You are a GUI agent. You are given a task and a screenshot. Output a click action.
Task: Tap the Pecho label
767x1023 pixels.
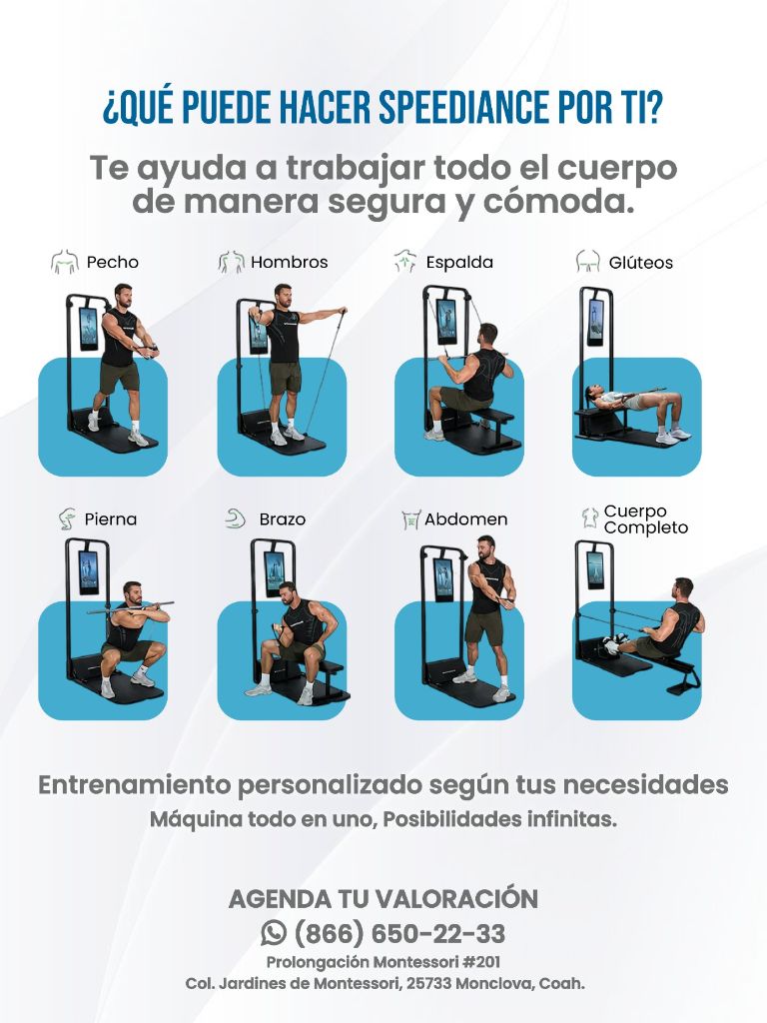112,263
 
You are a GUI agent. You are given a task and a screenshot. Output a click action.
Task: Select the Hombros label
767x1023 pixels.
289,263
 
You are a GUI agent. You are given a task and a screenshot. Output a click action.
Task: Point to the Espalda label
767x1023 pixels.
459,263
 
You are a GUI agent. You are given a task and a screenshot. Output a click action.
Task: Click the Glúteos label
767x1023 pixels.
641,264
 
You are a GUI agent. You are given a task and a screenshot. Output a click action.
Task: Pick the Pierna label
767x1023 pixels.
111,519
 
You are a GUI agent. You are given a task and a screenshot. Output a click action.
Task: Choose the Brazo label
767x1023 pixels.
283,519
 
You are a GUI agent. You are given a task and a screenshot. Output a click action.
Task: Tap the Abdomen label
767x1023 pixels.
465,519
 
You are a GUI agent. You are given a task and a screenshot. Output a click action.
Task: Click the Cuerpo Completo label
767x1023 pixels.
645,519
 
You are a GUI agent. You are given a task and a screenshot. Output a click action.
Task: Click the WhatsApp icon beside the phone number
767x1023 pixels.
273,933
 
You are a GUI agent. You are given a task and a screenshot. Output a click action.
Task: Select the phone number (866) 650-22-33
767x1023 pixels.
399,934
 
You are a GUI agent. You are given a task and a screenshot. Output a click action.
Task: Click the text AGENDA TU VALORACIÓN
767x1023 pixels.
383,898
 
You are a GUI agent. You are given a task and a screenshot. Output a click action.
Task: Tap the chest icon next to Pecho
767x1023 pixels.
65,263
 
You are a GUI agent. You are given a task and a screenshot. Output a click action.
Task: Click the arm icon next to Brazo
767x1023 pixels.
235,518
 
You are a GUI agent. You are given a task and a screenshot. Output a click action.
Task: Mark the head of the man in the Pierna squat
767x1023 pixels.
131,591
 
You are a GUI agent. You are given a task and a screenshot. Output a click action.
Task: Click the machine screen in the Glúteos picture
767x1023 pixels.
595,322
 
